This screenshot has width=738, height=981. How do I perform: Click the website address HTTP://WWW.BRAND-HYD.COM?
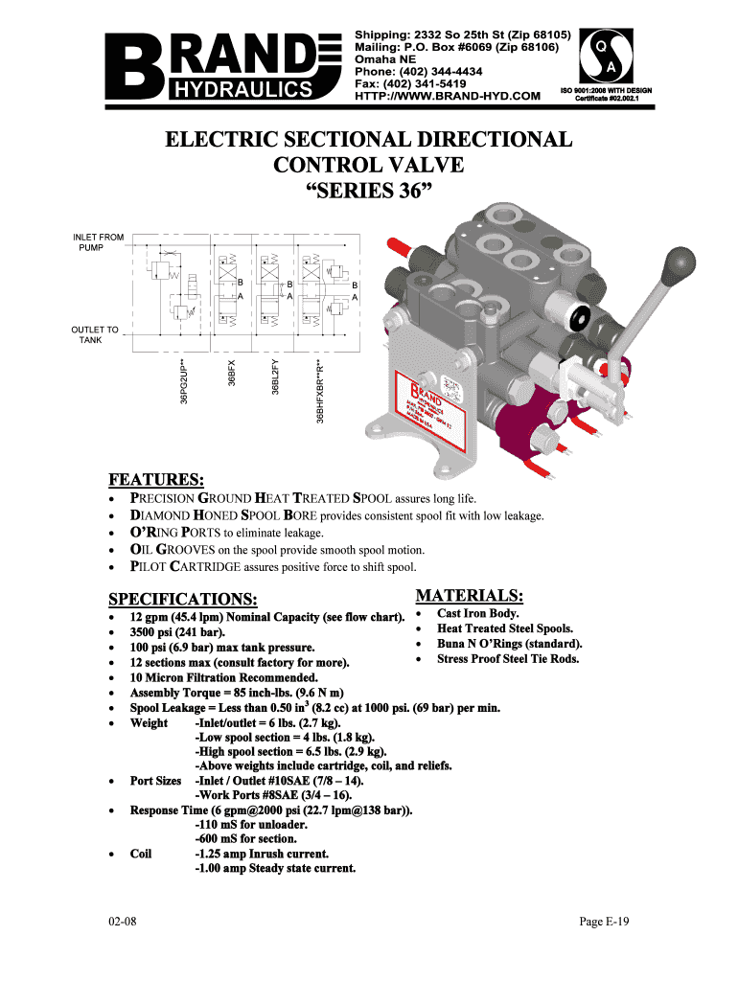point(448,96)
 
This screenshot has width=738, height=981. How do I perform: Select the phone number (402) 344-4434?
point(419,71)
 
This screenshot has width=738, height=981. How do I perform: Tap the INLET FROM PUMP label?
point(99,241)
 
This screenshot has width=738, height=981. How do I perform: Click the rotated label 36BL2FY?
point(275,376)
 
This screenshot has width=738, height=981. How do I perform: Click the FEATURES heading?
point(155,480)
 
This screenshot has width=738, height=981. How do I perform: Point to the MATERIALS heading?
point(469,596)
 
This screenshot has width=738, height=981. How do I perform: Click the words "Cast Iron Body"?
point(478,613)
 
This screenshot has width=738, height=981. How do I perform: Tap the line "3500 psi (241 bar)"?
point(178,632)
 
